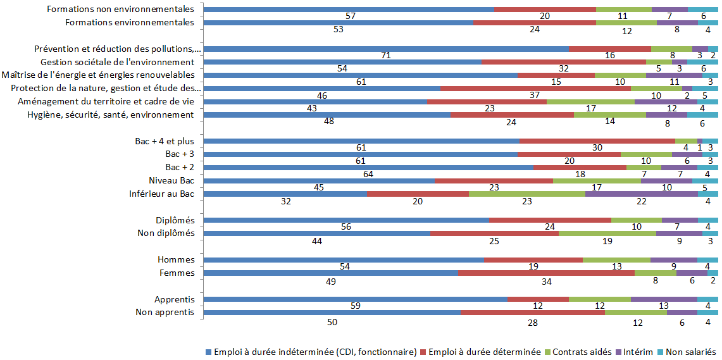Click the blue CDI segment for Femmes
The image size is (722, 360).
point(330,273)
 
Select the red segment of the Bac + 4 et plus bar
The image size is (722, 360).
point(597,140)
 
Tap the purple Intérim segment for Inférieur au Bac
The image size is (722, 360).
point(641,194)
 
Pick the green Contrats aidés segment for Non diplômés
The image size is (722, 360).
point(607,233)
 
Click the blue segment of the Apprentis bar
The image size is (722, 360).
point(355,299)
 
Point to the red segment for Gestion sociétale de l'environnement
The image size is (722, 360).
point(564,62)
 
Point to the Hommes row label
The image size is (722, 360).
point(176,259)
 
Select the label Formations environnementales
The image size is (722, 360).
point(130,22)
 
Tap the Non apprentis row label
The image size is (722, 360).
point(165,313)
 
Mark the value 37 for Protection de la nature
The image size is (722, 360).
point(535,96)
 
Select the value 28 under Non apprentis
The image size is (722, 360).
point(533,322)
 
